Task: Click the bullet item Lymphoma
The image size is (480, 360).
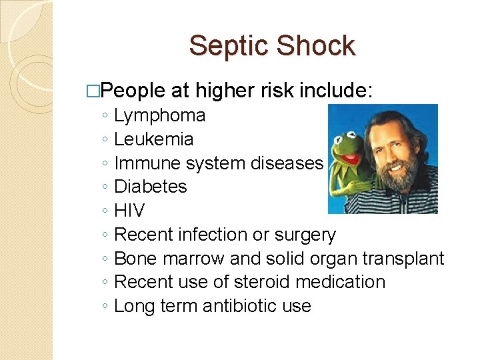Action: pos(160,116)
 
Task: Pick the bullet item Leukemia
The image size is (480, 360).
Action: pos(154,139)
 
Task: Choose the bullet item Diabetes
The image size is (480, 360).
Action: pos(151,187)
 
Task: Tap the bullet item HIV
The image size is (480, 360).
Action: pos(129,211)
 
